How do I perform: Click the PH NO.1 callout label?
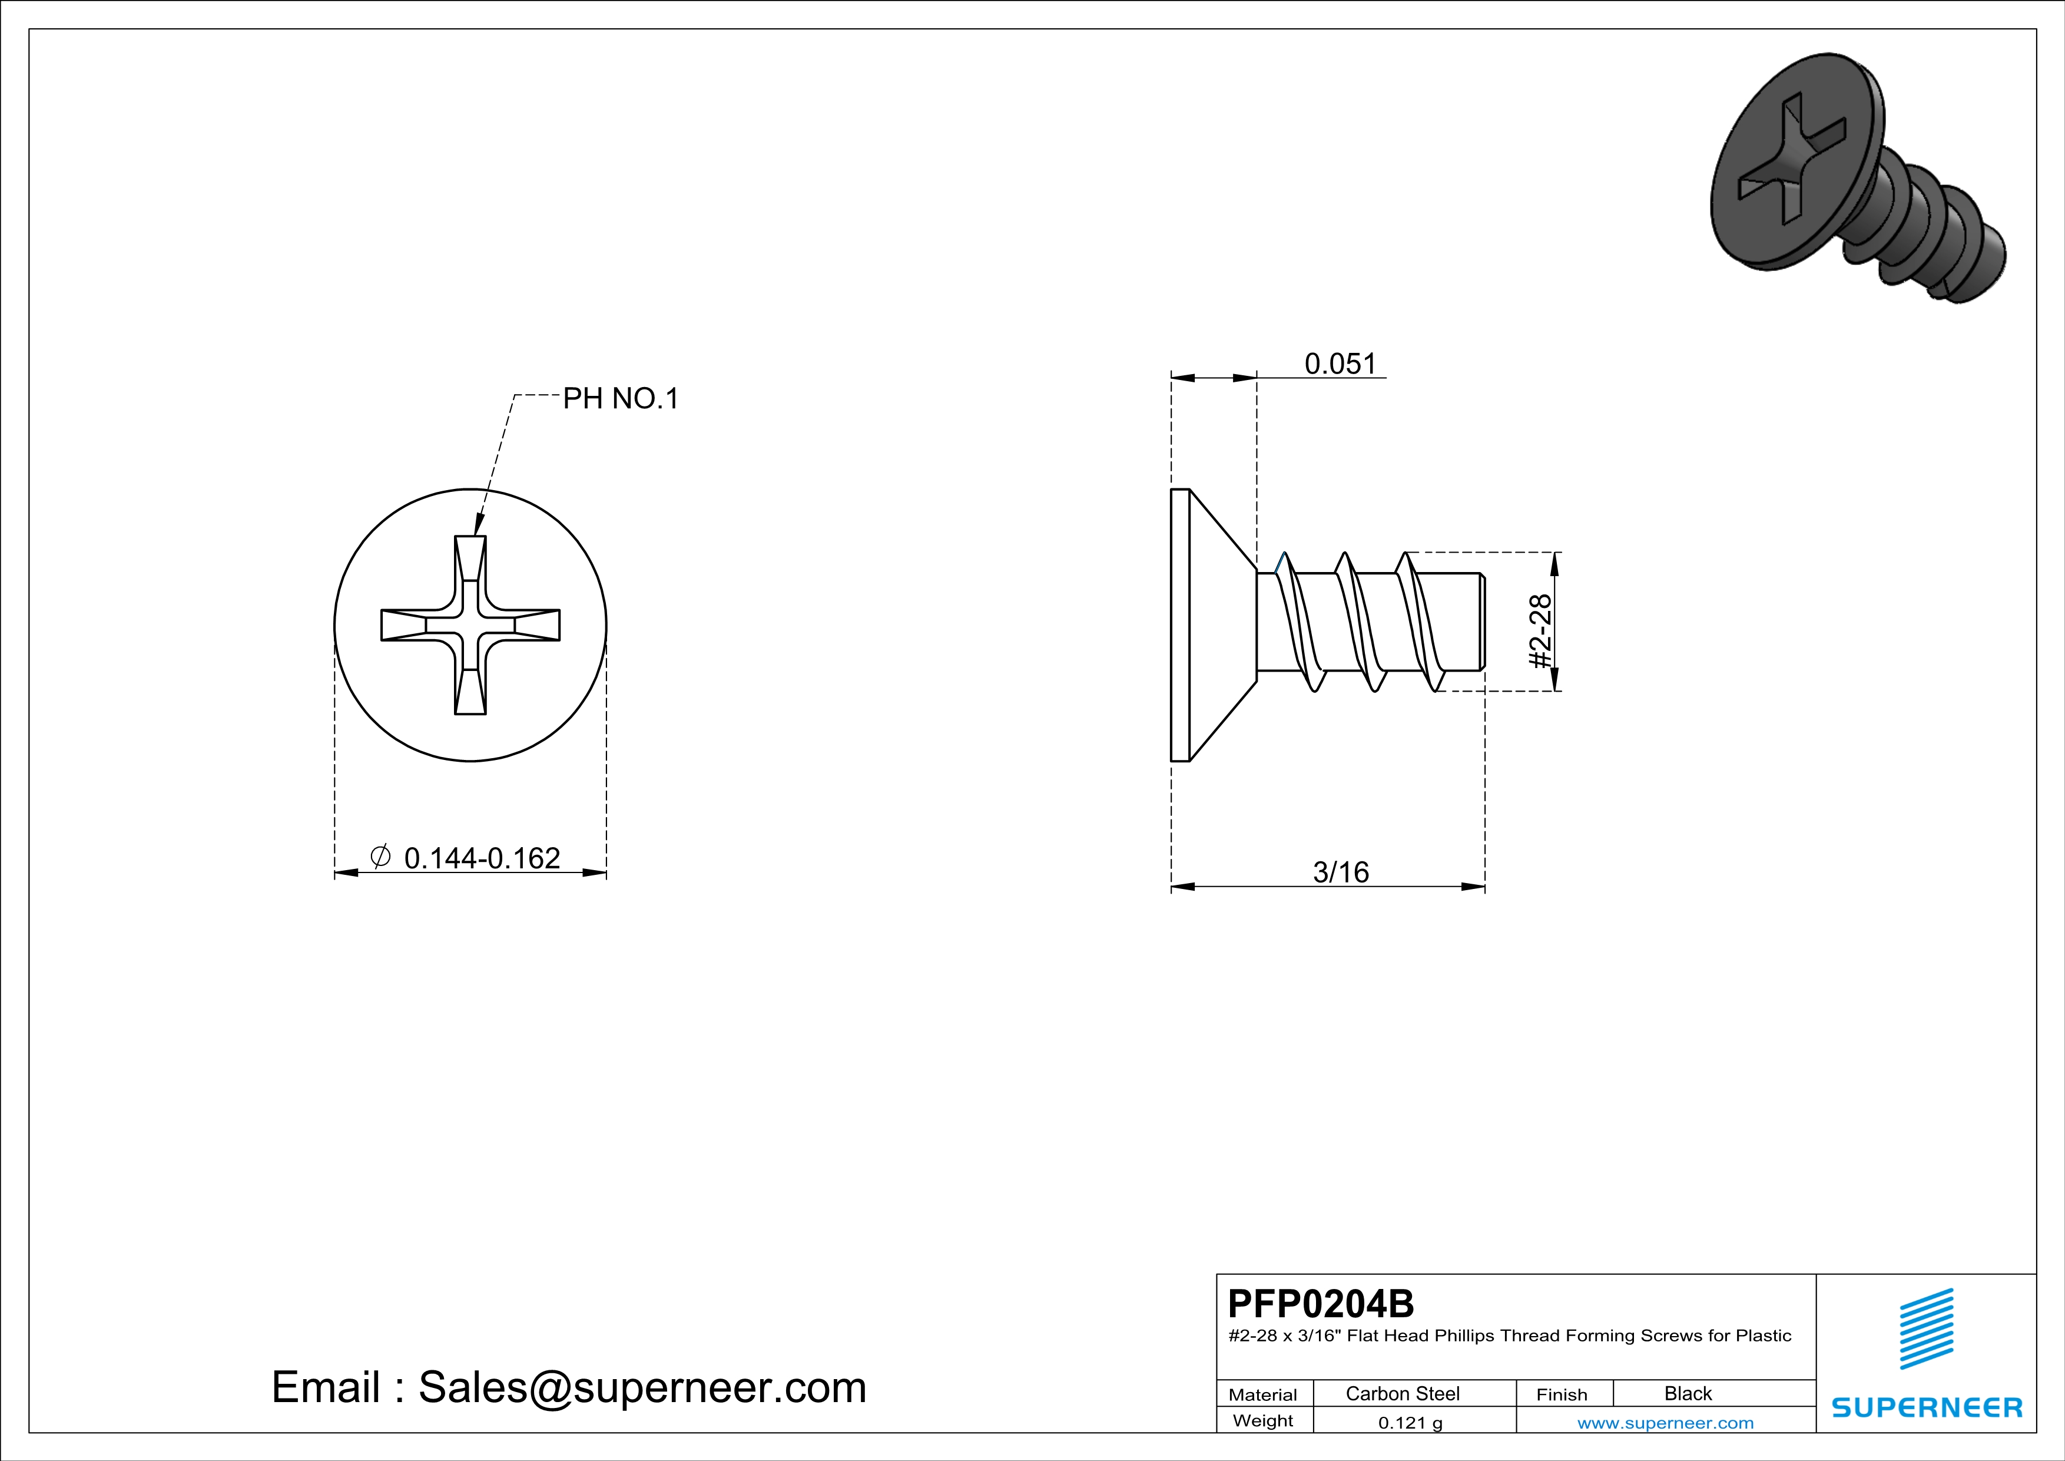coord(621,399)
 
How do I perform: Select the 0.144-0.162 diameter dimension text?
coord(482,858)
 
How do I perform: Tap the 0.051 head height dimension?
coord(1340,363)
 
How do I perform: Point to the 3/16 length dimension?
coord(1341,872)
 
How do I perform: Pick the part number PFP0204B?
coord(1320,1303)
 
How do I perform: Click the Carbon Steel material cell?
coord(1402,1393)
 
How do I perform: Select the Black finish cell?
coord(1687,1393)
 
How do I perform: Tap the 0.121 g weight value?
coord(1410,1422)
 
